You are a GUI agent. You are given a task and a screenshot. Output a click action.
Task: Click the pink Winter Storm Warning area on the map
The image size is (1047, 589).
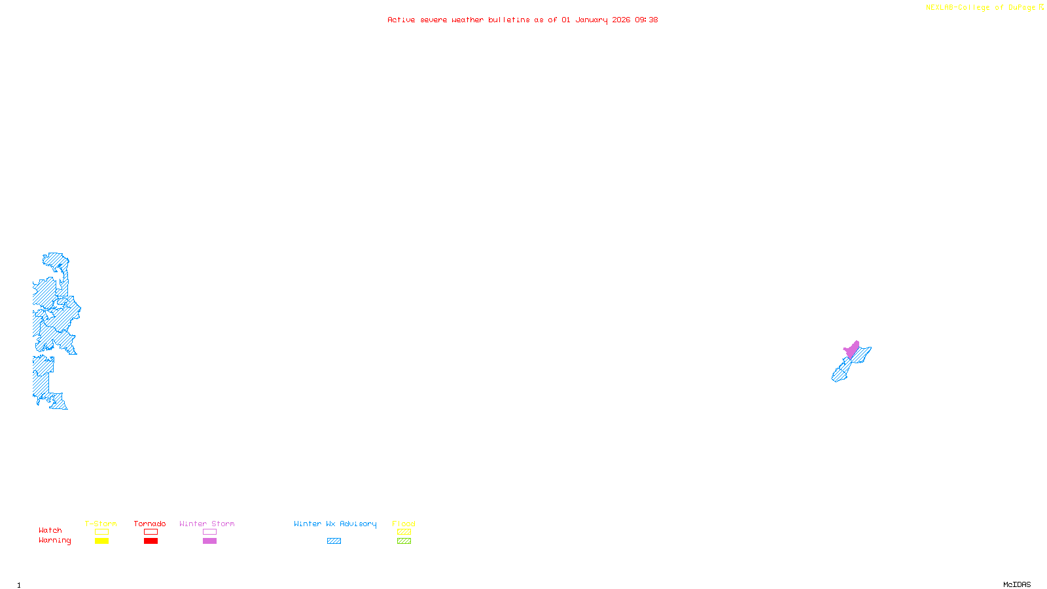(851, 349)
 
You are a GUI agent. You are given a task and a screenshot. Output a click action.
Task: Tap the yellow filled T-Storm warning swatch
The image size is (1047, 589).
(101, 541)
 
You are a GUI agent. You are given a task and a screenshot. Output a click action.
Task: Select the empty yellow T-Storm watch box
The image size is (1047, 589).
(101, 532)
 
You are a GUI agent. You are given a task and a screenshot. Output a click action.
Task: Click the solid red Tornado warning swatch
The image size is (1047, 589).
(151, 541)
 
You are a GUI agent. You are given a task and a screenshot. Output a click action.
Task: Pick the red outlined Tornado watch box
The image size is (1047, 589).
(151, 532)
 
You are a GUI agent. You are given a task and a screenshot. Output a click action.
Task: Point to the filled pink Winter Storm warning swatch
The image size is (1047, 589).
(209, 541)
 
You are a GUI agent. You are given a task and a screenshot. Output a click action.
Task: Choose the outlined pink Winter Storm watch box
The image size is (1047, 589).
(209, 532)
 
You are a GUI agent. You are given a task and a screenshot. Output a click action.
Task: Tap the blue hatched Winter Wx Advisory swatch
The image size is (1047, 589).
(334, 541)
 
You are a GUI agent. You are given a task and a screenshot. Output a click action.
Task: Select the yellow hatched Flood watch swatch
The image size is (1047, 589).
(404, 532)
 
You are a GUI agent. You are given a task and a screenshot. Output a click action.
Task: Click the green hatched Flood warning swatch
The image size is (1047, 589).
(404, 541)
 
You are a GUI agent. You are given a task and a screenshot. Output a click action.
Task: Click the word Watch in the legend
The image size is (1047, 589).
(50, 531)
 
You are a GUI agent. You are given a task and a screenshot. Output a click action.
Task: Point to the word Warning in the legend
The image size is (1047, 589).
(54, 541)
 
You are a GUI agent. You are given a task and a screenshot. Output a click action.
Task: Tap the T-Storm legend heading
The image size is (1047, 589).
(101, 524)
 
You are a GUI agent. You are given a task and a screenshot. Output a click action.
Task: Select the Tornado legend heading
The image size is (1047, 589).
(150, 524)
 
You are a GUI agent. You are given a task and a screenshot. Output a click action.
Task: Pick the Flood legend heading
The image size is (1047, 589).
(404, 524)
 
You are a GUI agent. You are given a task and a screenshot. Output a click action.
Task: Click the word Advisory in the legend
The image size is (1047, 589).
(358, 524)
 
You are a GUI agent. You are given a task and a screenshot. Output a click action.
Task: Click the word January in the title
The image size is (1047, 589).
(592, 20)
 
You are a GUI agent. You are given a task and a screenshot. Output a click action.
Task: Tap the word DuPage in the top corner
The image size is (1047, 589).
(1021, 8)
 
